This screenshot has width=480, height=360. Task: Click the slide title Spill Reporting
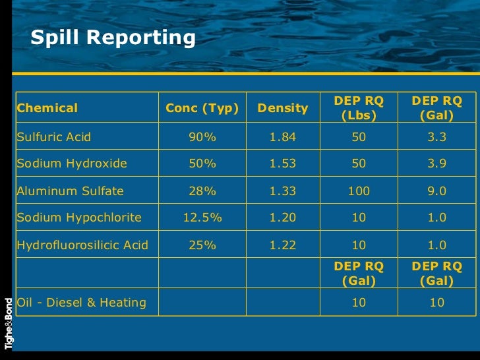[x=113, y=38]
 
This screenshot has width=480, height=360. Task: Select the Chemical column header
[x=47, y=107]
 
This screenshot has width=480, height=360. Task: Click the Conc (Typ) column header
[x=202, y=107]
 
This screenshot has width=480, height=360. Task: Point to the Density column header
[x=283, y=107]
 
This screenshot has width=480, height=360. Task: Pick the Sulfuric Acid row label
[x=54, y=137]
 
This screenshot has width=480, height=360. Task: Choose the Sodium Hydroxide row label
[x=72, y=164]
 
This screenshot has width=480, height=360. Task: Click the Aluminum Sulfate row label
[x=70, y=191]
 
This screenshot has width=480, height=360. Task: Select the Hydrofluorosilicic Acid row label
[x=82, y=245]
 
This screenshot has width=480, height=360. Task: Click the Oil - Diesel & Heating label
[x=81, y=303]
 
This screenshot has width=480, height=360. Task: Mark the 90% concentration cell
[x=202, y=137]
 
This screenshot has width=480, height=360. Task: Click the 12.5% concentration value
[x=202, y=218]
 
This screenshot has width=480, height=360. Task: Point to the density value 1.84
[x=283, y=137]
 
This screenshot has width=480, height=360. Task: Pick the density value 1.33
[x=283, y=191]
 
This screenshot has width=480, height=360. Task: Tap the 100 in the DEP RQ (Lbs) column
[x=359, y=191]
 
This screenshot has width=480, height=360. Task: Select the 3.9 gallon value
[x=436, y=164]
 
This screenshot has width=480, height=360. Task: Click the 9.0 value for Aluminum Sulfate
[x=436, y=191]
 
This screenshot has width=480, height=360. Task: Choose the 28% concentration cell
[x=202, y=191]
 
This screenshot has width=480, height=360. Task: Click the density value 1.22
[x=283, y=245]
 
